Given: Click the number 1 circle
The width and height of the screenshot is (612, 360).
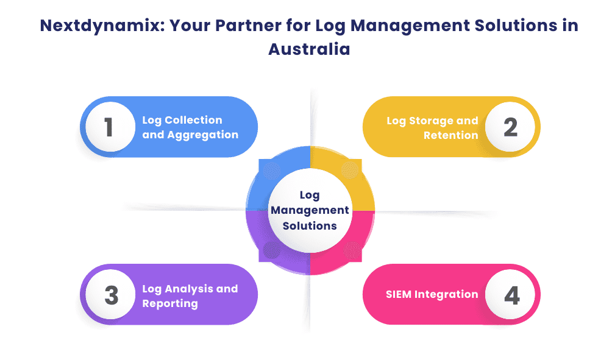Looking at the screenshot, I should tap(109, 127).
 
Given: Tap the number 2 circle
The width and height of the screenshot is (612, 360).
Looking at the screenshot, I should tap(510, 127).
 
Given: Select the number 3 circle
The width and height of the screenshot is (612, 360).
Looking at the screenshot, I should tap(110, 295).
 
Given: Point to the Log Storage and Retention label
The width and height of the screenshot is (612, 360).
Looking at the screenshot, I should tap(432, 127).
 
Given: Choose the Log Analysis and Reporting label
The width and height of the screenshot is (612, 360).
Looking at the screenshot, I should tap(190, 295).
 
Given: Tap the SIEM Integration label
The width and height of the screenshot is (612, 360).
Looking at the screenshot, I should tap(432, 294).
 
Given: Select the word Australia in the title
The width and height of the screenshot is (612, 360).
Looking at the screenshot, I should tap(309, 49).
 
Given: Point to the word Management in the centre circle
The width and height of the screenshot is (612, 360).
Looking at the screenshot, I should tap(310, 210).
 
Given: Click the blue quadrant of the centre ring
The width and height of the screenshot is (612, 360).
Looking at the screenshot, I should tap(268, 171).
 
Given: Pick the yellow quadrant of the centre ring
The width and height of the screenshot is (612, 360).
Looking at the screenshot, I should tap(350, 171).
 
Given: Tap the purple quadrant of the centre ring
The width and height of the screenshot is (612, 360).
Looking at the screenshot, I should tap(268, 250).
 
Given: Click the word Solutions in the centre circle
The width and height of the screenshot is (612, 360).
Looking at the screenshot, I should tap(310, 225).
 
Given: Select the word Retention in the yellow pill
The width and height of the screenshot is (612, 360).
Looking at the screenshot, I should tap(450, 135).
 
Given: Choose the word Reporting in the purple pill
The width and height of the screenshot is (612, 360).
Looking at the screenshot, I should tap(170, 303).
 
